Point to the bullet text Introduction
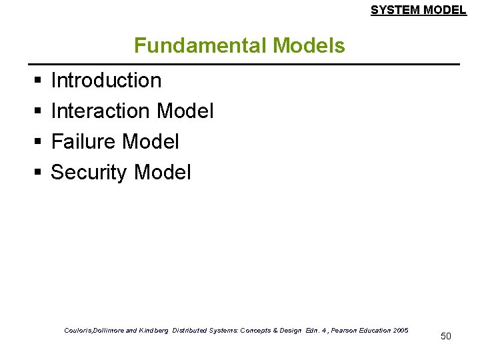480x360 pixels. pyautogui.click(x=106, y=81)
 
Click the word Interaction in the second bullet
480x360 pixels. pyautogui.click(x=101, y=111)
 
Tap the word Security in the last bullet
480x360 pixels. pyautogui.click(x=89, y=173)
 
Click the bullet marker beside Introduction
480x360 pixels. pyautogui.click(x=35, y=81)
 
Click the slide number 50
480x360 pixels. pyautogui.click(x=446, y=336)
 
